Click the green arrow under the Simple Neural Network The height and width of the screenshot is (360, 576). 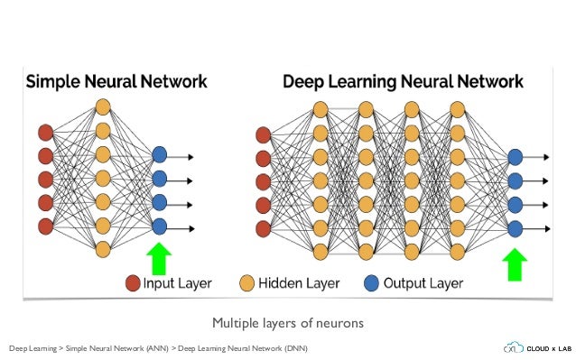point(160,258)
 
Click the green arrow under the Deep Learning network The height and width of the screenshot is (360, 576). point(516,265)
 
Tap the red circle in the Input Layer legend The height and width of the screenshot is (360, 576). point(134,283)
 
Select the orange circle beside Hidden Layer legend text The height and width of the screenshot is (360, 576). point(246,283)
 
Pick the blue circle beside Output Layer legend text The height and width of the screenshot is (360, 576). point(371,283)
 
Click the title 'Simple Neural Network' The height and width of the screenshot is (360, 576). point(116,81)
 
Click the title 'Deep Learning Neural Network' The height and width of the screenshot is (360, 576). point(403,81)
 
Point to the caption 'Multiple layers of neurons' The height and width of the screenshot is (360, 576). point(288,322)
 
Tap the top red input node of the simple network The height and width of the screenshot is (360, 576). point(45,133)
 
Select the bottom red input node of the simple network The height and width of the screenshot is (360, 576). point(45,225)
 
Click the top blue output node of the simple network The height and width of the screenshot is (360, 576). point(160,155)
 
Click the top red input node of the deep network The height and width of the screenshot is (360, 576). point(263,134)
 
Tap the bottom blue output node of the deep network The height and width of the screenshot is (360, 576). point(516,228)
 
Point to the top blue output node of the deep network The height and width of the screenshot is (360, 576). point(516,157)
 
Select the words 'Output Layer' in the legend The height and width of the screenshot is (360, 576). point(423,283)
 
